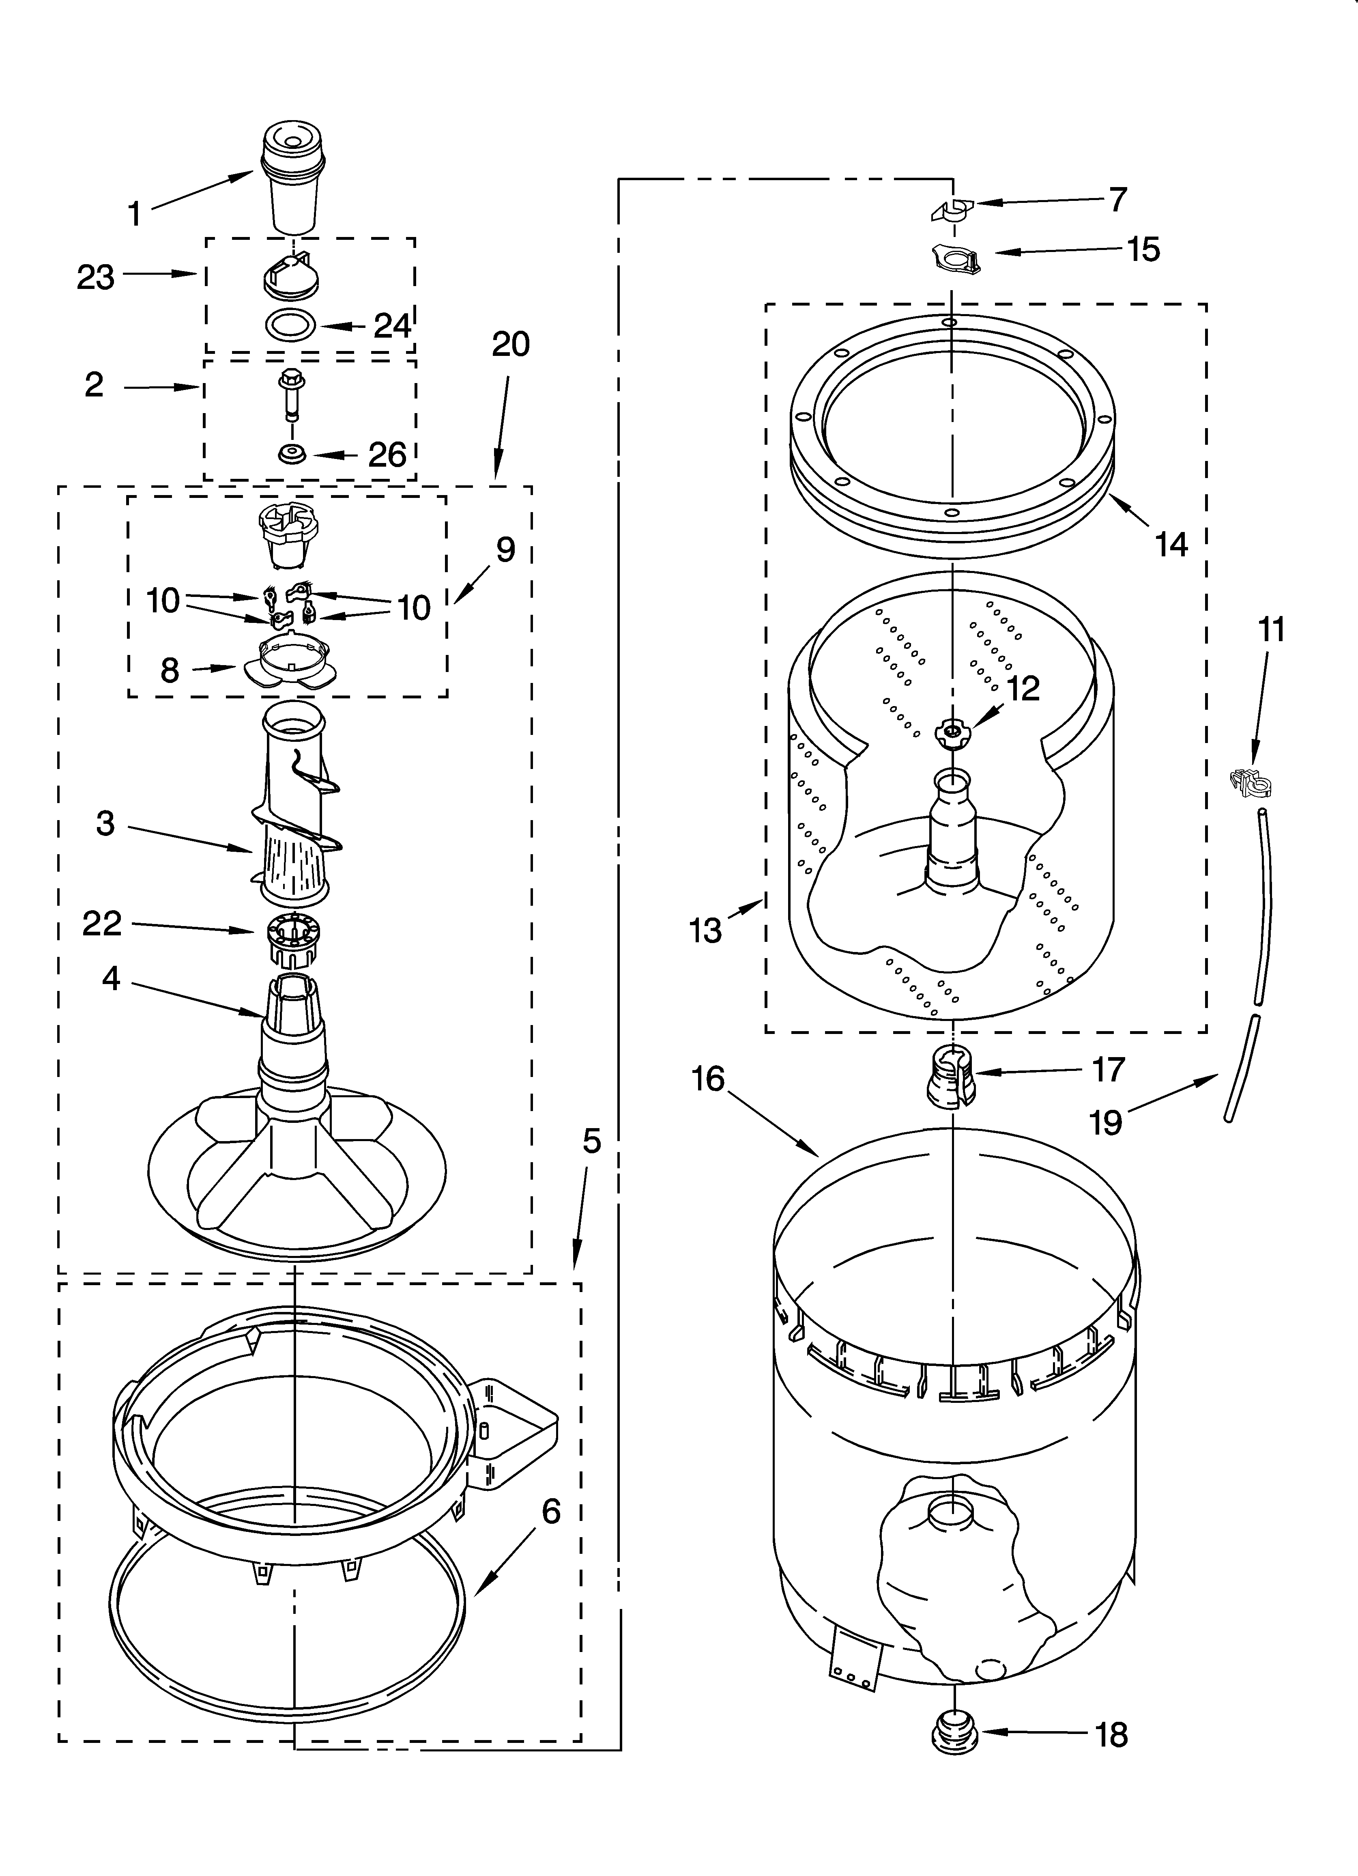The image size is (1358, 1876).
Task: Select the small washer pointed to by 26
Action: (290, 454)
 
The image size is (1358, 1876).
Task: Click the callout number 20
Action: (510, 344)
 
